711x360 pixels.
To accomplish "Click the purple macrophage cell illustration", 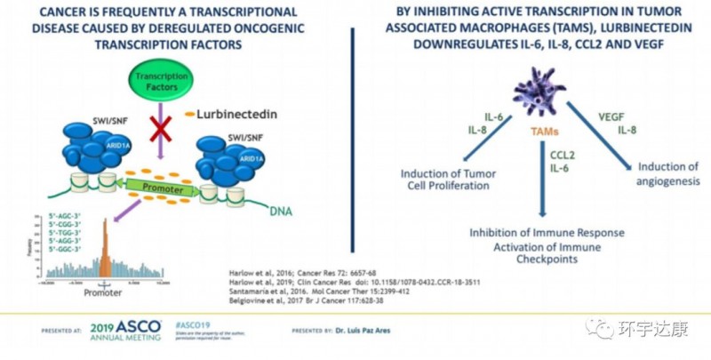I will [541, 97].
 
